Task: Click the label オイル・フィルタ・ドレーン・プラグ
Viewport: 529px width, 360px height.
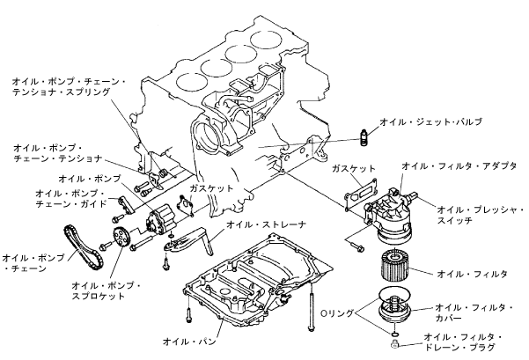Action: pos(463,342)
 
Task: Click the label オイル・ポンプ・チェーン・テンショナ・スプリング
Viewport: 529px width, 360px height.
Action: pos(68,85)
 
